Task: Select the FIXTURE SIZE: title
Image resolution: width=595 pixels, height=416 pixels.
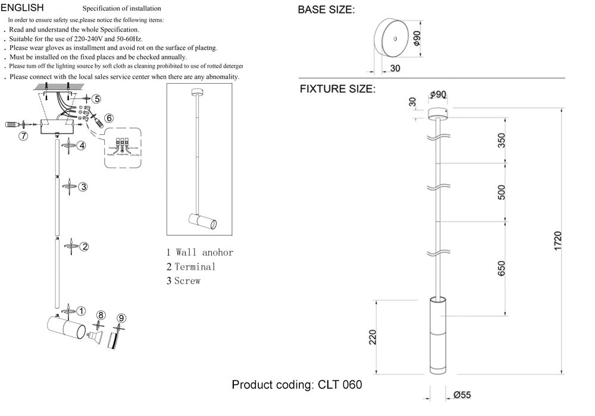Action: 337,90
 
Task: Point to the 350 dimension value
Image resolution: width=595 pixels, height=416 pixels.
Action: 502,140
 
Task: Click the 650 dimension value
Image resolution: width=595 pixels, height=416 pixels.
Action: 502,269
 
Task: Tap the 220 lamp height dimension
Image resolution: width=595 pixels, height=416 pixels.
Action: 373,338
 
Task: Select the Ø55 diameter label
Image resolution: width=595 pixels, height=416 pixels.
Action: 462,395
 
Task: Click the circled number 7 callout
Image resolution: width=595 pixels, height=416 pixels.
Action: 23,136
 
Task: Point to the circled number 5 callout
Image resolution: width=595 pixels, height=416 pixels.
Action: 96,99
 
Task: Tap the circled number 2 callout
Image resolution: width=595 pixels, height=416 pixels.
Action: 84,247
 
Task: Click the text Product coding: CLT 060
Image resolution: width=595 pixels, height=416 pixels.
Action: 296,385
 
